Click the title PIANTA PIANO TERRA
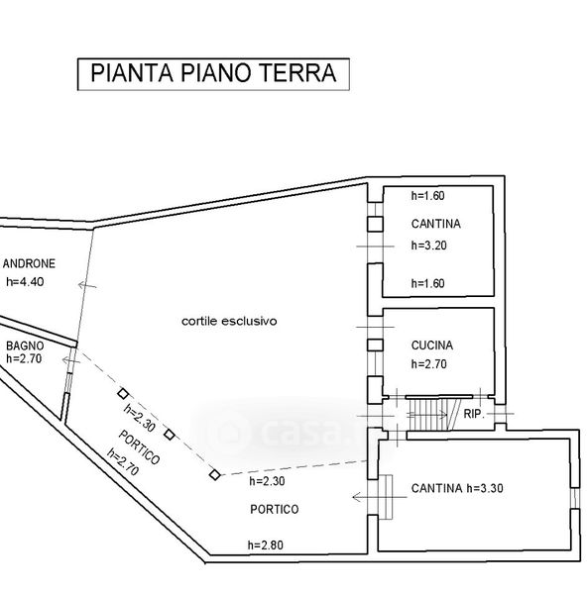point(213,73)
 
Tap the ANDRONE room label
point(29,263)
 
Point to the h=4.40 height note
point(25,282)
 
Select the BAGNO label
point(25,346)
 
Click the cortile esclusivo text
point(229,321)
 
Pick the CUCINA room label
point(432,346)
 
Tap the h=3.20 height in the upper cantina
point(428,246)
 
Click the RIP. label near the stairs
point(474,414)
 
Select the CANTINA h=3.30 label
point(457,488)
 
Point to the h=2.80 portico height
point(266,545)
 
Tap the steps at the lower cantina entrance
point(385,497)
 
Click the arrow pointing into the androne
point(87,285)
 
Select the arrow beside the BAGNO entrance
point(71,360)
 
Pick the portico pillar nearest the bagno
point(123,394)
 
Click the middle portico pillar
point(170,435)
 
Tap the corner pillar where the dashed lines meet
point(215,474)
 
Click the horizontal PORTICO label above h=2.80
point(275,509)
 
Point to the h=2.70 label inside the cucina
point(428,364)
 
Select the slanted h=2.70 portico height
point(123,462)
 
